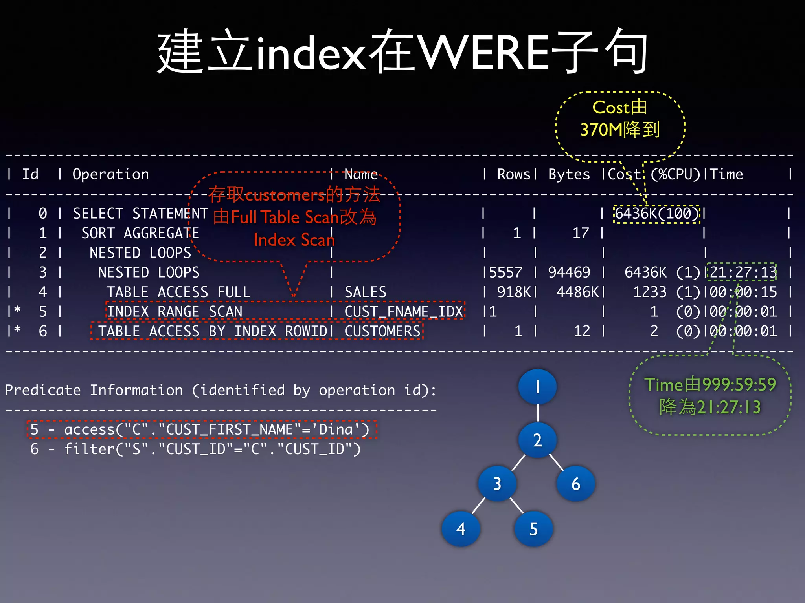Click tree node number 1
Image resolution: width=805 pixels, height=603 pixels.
(x=537, y=387)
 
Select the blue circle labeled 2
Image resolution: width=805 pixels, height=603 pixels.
(x=537, y=440)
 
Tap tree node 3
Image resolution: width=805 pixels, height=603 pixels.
(x=497, y=484)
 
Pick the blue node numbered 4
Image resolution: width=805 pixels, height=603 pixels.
(x=461, y=529)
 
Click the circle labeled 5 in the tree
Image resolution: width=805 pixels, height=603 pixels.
(x=533, y=529)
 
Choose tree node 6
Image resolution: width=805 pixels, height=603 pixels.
(x=576, y=484)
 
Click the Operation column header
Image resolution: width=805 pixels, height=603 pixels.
(x=111, y=174)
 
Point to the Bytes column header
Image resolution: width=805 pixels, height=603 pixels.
(x=569, y=174)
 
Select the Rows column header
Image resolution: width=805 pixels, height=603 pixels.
(x=514, y=174)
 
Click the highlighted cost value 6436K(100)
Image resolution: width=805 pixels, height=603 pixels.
(x=657, y=214)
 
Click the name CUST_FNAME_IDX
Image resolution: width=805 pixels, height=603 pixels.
(x=404, y=312)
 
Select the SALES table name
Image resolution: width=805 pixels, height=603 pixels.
(x=366, y=292)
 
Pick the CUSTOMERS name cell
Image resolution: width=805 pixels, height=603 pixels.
(x=382, y=331)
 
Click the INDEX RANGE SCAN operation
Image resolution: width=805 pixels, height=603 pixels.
(x=175, y=312)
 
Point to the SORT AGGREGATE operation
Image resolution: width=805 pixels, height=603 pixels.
(x=140, y=233)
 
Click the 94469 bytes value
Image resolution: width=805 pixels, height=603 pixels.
(x=569, y=272)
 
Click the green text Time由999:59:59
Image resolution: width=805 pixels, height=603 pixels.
(x=710, y=385)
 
